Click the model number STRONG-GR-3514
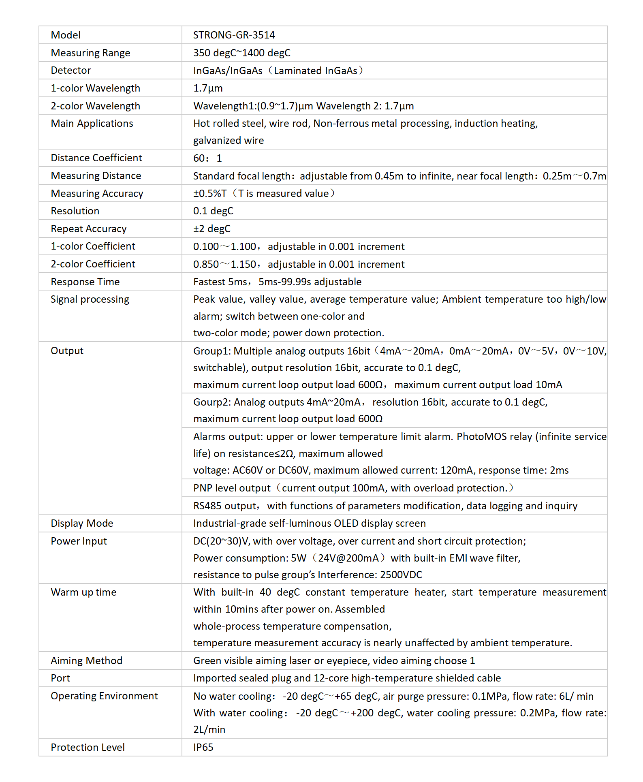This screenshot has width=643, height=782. point(234,35)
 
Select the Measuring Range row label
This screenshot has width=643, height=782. point(90,53)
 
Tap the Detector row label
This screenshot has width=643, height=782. point(71,71)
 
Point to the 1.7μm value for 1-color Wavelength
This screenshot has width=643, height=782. point(208,88)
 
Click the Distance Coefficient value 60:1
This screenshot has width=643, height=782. point(207,158)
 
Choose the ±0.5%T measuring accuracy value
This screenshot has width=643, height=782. point(210,194)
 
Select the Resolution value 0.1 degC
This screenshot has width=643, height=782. point(213,211)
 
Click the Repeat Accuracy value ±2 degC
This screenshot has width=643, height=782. point(211,229)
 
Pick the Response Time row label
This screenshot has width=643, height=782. point(85,282)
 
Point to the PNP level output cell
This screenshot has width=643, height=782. point(352,488)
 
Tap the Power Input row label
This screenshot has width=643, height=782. point(79,541)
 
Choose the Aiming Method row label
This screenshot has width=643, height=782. point(86,661)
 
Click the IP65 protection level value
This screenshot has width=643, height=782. point(203,748)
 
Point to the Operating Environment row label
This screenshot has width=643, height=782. point(104,696)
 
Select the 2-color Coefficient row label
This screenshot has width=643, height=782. point(93,264)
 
